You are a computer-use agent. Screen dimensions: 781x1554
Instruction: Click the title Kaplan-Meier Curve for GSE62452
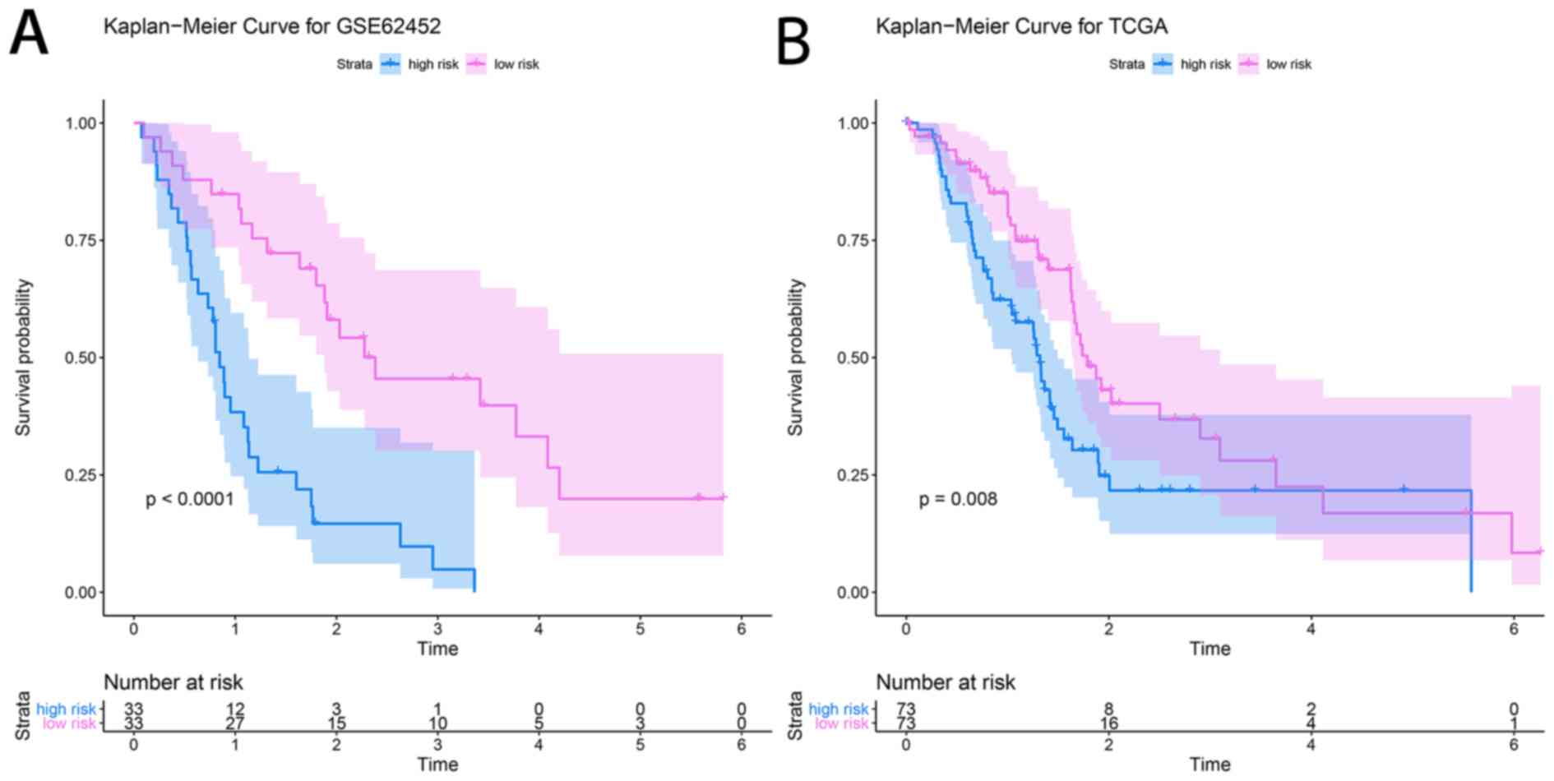(272, 26)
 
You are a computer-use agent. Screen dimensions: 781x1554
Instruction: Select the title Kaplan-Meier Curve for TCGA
(1021, 26)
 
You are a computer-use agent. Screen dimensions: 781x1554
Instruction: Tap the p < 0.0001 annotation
(190, 499)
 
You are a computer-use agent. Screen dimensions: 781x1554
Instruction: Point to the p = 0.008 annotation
(958, 499)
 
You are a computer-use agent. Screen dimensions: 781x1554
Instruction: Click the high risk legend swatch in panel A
(391, 64)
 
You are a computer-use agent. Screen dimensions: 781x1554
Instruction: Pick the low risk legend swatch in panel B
(1248, 64)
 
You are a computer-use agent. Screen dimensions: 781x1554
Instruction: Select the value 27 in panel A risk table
(235, 724)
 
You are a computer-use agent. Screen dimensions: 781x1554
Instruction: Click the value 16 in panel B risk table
(1108, 724)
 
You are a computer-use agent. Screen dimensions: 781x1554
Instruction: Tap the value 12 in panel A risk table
(235, 709)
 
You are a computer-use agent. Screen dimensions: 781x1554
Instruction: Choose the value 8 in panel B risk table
(1108, 709)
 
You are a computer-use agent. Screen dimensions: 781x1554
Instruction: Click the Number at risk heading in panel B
(946, 682)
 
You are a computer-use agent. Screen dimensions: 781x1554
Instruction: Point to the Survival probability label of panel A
(23, 358)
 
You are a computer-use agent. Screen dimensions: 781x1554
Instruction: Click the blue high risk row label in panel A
(66, 709)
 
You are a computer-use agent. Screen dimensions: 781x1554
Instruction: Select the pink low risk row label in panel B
(841, 724)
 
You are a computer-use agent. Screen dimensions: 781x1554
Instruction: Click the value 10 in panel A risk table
(437, 724)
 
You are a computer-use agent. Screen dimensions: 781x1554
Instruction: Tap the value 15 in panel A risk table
(336, 724)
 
